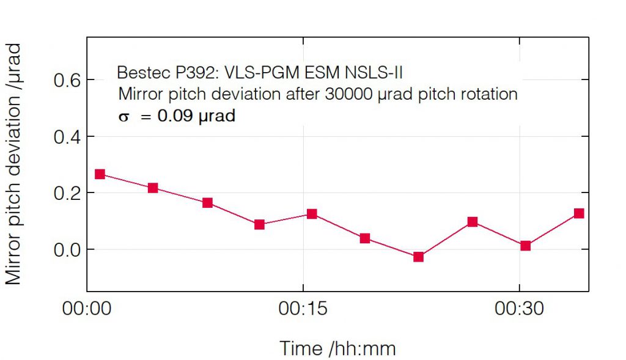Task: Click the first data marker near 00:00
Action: click(x=100, y=174)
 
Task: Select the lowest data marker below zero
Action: click(x=419, y=257)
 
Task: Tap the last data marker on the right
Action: click(x=579, y=213)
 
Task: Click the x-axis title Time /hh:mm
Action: click(x=337, y=348)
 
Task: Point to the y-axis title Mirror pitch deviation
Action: click(x=13, y=164)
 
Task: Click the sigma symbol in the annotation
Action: click(x=124, y=117)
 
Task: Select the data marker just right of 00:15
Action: click(x=312, y=214)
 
